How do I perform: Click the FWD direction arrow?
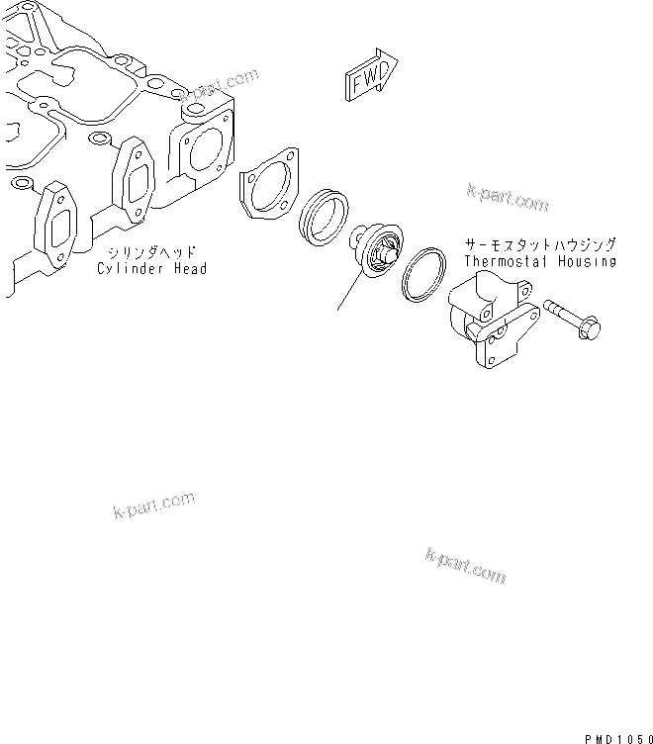point(370,77)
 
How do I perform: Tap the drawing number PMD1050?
point(617,737)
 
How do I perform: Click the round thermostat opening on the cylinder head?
point(206,148)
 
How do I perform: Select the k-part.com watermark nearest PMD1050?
point(465,565)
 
